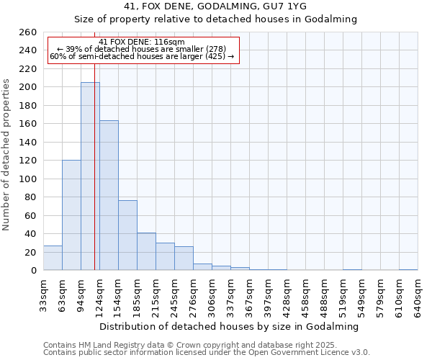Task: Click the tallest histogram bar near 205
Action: tap(90, 176)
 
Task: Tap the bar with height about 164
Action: tap(109, 195)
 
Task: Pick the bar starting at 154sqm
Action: tap(127, 235)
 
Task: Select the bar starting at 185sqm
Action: tap(146, 251)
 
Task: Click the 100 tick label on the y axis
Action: tap(27, 179)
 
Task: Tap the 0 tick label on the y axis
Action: tap(33, 271)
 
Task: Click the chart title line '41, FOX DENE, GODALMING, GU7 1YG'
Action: tap(215, 6)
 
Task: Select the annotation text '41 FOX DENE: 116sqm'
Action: tap(142, 42)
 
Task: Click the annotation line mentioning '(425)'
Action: tap(142, 57)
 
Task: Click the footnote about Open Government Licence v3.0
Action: tap(207, 353)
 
